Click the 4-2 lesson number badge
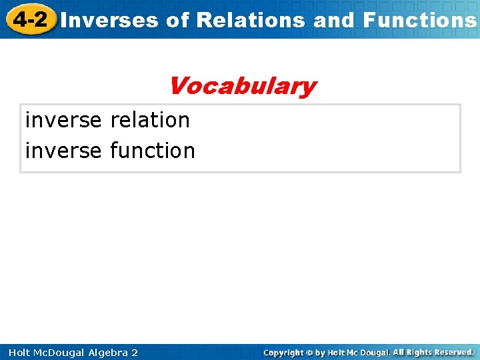click(29, 19)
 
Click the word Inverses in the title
click(109, 20)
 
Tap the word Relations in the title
click(251, 20)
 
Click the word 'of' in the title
click(177, 20)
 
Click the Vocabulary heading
click(242, 86)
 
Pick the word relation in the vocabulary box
click(150, 120)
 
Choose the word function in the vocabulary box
click(153, 151)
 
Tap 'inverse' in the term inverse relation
click(63, 120)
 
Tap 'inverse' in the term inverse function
click(63, 151)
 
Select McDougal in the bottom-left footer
click(61, 352)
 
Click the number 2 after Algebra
click(135, 352)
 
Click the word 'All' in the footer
click(399, 352)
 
